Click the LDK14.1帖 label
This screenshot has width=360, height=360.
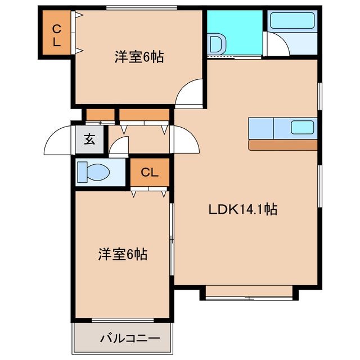coord(242,210)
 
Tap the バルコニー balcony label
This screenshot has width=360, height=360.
coord(130,339)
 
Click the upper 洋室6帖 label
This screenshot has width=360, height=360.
coord(139,57)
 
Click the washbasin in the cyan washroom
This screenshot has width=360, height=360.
coord(215,44)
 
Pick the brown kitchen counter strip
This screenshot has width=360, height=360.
coord(283,145)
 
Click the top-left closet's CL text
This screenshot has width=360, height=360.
coord(56,34)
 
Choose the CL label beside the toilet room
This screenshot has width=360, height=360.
coord(150,172)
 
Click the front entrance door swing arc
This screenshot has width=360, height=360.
coord(59,141)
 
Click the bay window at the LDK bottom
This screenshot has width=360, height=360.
coord(248,291)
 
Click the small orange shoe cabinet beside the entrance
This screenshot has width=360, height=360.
coord(100,116)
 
